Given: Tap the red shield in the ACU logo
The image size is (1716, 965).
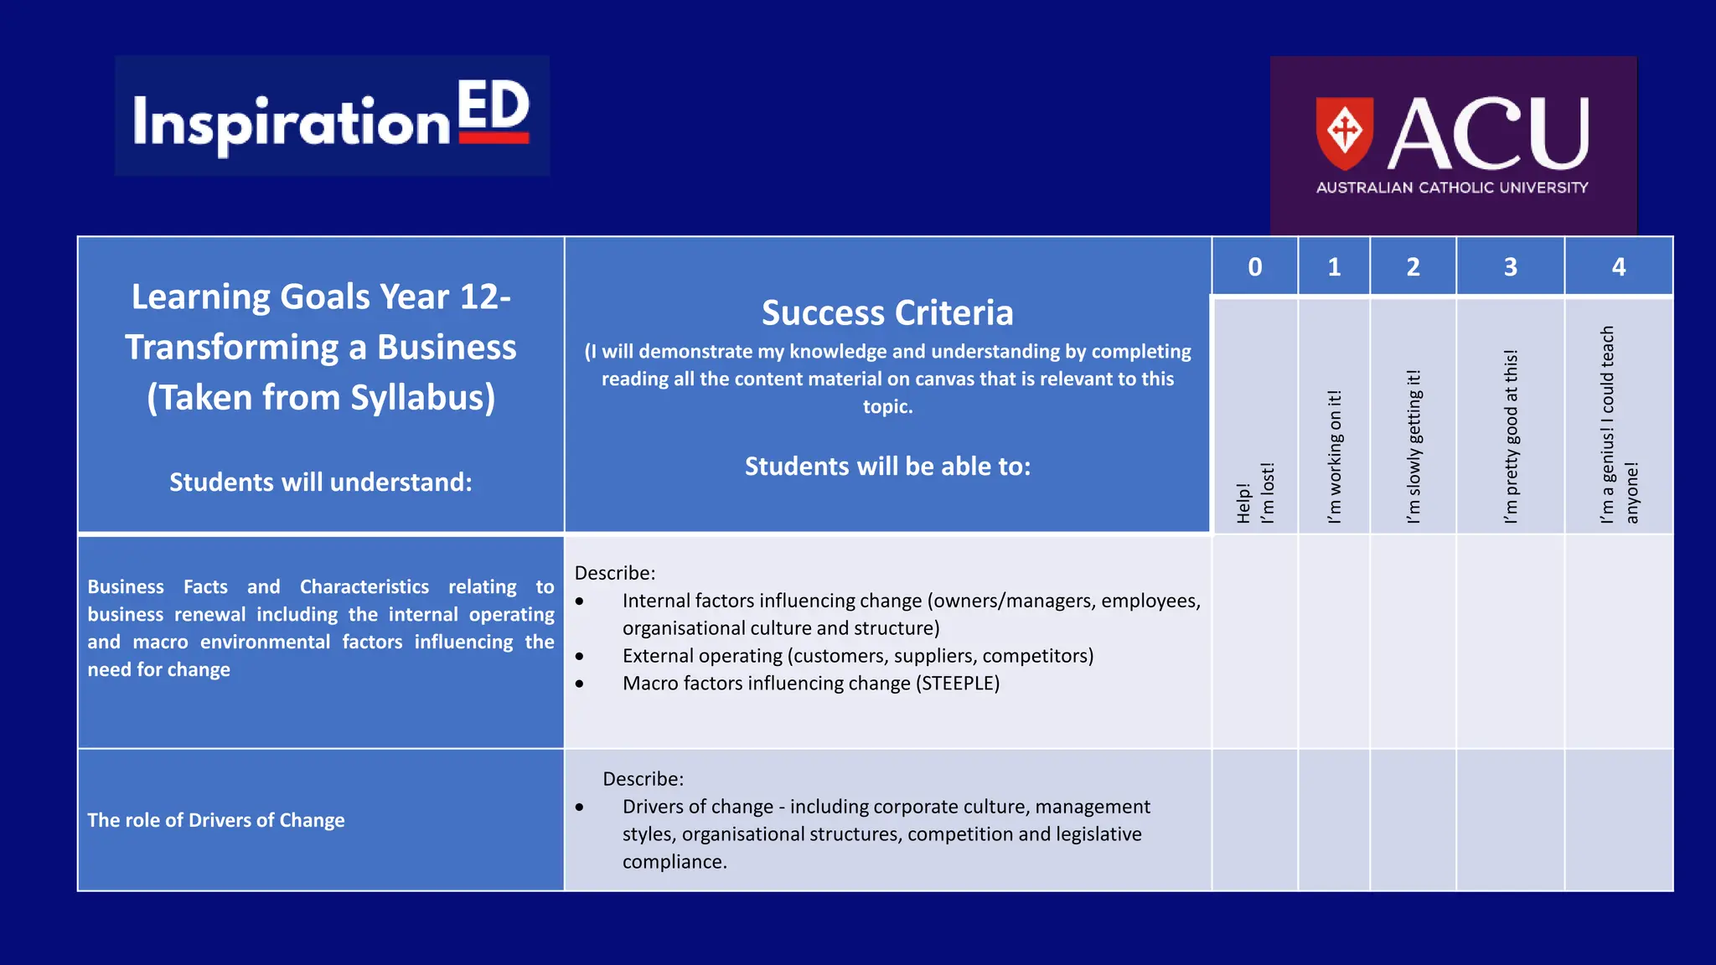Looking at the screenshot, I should pyautogui.click(x=1344, y=132).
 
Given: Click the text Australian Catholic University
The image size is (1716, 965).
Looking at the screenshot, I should pyautogui.click(x=1452, y=188).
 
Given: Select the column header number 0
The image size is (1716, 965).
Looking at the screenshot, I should pyautogui.click(x=1254, y=267).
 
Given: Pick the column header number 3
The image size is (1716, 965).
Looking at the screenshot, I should pyautogui.click(x=1510, y=267).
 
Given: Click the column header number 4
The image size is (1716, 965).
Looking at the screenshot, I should pyautogui.click(x=1618, y=267).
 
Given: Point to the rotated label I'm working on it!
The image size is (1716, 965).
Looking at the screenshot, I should pyautogui.click(x=1335, y=457).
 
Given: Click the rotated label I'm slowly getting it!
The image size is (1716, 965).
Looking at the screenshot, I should pyautogui.click(x=1414, y=446).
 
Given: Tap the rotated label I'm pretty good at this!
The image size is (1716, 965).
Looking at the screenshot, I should pyautogui.click(x=1511, y=436).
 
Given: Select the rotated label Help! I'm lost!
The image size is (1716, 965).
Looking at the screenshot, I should pyautogui.click(x=1255, y=493).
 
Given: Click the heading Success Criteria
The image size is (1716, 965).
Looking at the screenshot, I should pyautogui.click(x=887, y=313).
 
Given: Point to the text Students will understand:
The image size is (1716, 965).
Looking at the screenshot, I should pyautogui.click(x=321, y=482).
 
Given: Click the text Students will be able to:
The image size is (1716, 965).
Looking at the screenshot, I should pyautogui.click(x=887, y=467).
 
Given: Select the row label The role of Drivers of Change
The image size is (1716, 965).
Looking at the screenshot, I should pyautogui.click(x=216, y=820).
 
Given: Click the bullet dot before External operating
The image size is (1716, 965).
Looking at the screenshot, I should pyautogui.click(x=580, y=657).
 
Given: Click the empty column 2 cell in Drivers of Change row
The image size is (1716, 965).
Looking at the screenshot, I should pyautogui.click(x=1413, y=820).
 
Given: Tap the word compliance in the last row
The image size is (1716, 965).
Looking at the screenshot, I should pyautogui.click(x=672, y=862).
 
